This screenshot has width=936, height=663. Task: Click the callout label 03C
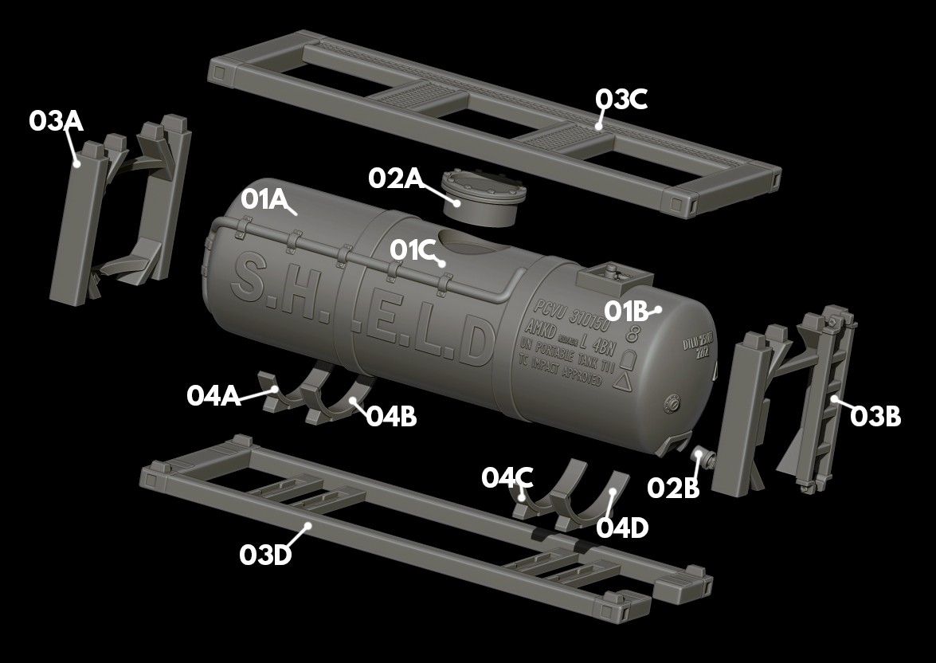621,100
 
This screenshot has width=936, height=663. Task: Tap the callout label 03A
56,121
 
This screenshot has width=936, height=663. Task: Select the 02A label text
395,178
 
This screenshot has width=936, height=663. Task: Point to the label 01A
264,200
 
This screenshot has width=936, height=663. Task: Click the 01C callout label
412,249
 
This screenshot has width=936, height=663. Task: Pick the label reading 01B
627,310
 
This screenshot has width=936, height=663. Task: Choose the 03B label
875,416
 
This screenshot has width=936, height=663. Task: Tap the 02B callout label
673,487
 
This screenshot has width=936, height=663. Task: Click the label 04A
213,395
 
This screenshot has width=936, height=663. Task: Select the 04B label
391,416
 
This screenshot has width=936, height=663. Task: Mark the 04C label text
507,477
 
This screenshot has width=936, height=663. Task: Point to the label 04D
622,528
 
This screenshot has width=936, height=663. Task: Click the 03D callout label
265,555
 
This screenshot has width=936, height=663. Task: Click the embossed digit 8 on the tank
636,333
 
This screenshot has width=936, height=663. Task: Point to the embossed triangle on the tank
626,382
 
